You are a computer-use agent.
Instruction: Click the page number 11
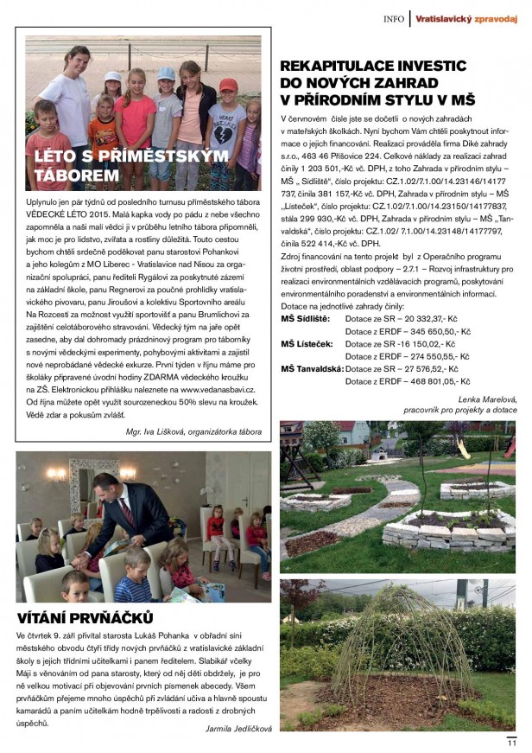pyautogui.click(x=511, y=741)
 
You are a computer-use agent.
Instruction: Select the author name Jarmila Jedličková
pyautogui.click(x=233, y=728)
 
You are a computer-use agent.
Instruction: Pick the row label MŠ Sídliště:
pyautogui.click(x=305, y=319)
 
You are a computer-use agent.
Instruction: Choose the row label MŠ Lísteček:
pyautogui.click(x=305, y=343)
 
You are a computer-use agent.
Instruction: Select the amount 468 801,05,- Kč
pyautogui.click(x=438, y=380)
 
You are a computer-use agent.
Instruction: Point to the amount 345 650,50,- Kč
pyautogui.click(x=438, y=331)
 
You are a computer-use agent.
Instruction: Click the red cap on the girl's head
pyautogui.click(x=228, y=85)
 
